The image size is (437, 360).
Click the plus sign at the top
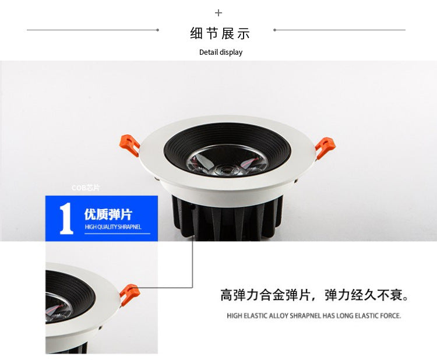click(218, 13)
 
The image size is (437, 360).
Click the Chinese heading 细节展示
click(220, 33)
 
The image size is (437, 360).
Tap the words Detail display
click(220, 52)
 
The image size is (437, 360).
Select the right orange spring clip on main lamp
click(325, 147)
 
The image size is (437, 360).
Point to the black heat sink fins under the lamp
click(227, 218)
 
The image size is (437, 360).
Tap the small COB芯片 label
click(86, 188)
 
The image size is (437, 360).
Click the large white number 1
click(66, 218)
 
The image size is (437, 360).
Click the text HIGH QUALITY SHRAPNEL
click(112, 227)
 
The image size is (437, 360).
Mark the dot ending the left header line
click(157, 30)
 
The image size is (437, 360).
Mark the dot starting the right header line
click(274, 30)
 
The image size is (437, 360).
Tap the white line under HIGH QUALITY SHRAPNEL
click(117, 234)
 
